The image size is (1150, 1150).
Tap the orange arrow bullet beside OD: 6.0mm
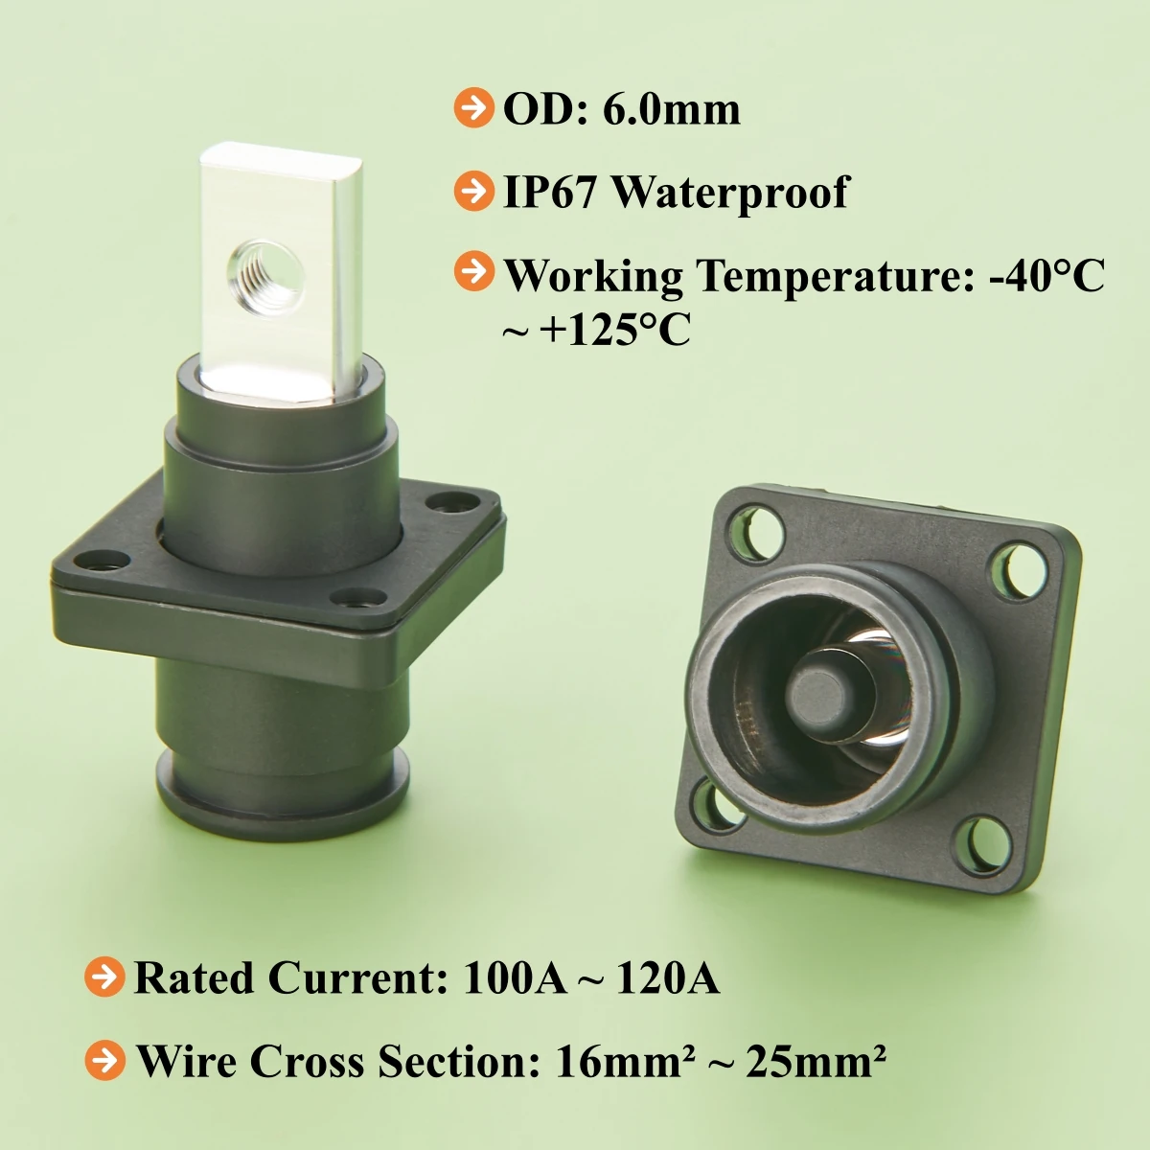point(473,108)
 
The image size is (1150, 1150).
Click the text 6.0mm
point(672,110)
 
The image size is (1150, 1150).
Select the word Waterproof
point(730,194)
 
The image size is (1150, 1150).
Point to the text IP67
point(550,193)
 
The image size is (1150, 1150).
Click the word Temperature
point(836,276)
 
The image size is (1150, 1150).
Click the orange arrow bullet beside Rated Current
point(105,977)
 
